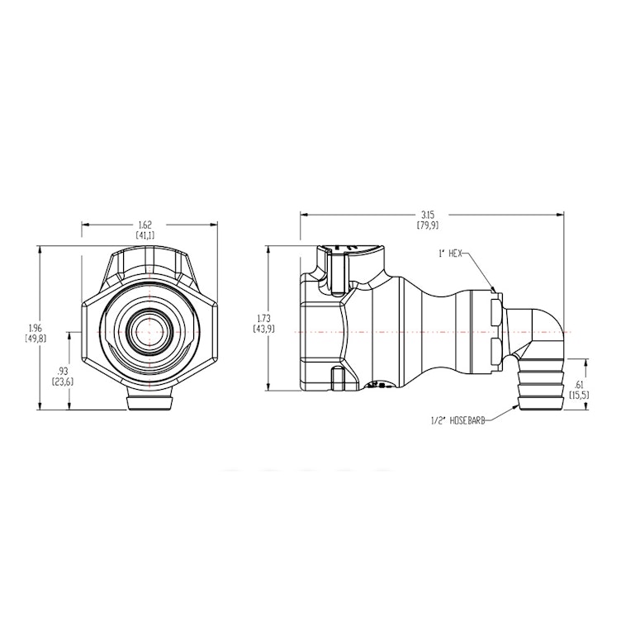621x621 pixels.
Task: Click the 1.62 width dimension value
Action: click(x=145, y=225)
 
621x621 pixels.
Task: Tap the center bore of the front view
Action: click(x=149, y=330)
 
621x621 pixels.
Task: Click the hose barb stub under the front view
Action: click(x=149, y=402)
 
